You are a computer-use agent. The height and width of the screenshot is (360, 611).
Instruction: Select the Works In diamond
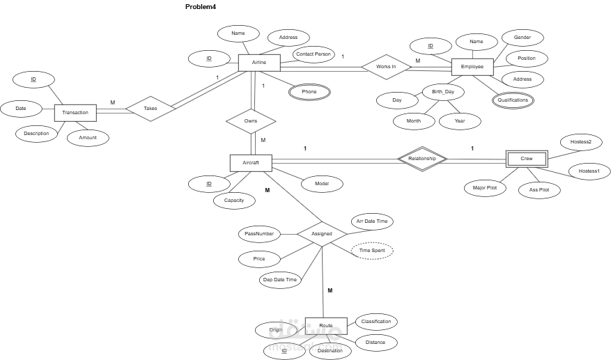386,67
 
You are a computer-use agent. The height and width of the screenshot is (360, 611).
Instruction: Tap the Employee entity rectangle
472,67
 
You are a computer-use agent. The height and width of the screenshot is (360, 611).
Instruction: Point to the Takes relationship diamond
150,109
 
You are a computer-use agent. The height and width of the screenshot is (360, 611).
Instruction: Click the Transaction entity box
75,113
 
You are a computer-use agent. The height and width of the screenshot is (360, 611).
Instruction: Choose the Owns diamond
251,120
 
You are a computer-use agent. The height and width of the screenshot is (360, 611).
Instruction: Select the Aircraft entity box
250,163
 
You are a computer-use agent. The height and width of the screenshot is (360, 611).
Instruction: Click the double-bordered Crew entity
526,159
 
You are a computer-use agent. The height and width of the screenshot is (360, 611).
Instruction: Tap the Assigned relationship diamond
322,234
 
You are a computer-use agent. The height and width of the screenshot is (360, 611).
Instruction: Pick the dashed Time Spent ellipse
372,250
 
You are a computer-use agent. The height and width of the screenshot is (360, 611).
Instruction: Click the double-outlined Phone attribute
309,92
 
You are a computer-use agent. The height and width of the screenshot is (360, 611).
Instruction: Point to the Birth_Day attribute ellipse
443,92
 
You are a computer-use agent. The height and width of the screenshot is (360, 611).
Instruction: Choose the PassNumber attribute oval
258,233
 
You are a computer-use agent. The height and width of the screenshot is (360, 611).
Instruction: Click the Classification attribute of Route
376,322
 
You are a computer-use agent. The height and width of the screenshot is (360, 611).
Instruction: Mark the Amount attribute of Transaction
88,138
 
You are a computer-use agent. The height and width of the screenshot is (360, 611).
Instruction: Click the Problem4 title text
201,6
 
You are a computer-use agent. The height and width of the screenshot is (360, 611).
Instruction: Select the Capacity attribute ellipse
234,201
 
